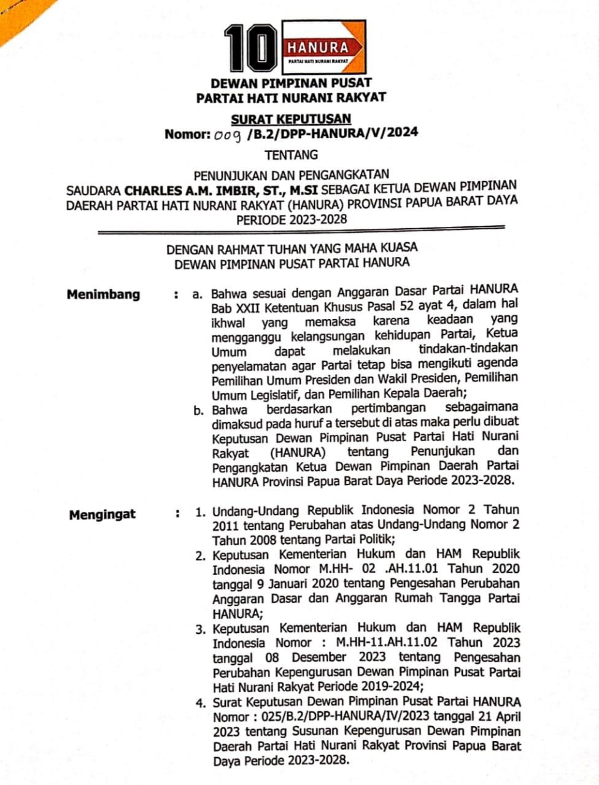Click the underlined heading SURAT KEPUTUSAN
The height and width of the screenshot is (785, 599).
pyautogui.click(x=291, y=118)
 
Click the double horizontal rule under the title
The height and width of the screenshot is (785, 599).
pyautogui.click(x=301, y=231)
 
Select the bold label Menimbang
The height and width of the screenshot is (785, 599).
pyautogui.click(x=103, y=294)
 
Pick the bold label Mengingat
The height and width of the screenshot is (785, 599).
pyautogui.click(x=102, y=514)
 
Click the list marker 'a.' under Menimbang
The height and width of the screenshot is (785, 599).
pyautogui.click(x=197, y=294)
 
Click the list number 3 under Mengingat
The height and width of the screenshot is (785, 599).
pyautogui.click(x=200, y=629)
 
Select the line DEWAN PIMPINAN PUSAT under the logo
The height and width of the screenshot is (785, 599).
pyautogui.click(x=291, y=82)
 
